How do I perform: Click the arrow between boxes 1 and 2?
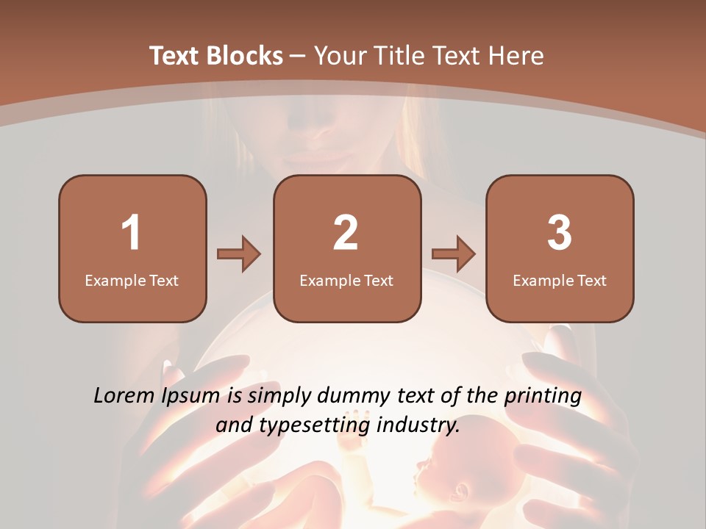pyautogui.click(x=239, y=254)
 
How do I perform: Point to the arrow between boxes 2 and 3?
pyautogui.click(x=454, y=254)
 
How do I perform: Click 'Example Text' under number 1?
pyautogui.click(x=132, y=280)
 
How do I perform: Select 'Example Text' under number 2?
pyautogui.click(x=346, y=280)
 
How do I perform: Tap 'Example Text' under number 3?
pyautogui.click(x=560, y=280)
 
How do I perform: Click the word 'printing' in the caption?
pyautogui.click(x=543, y=397)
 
